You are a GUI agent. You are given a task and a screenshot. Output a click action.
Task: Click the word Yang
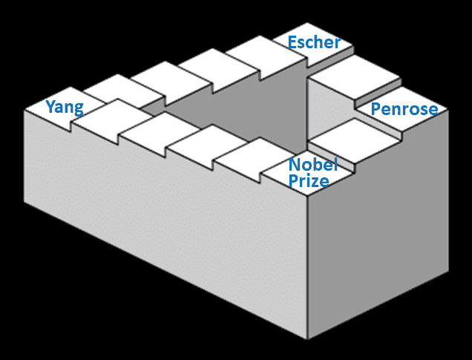click(x=65, y=108)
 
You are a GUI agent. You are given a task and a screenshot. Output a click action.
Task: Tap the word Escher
click(x=314, y=42)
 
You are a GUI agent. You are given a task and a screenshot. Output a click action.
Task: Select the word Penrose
click(x=404, y=109)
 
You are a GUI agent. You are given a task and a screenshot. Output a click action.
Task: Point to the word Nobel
click(x=313, y=164)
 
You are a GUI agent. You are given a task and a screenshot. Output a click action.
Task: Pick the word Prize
click(x=309, y=180)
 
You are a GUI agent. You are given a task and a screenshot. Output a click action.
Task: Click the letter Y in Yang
click(x=51, y=106)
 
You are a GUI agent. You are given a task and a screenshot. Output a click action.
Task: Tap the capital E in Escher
click(x=292, y=42)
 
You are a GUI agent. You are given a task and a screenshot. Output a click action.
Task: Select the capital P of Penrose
click(x=376, y=109)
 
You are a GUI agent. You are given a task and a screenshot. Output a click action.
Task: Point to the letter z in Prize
click(x=315, y=182)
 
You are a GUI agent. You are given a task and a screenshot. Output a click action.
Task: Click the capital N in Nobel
click(x=295, y=165)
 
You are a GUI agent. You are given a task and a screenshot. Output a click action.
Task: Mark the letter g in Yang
click(x=79, y=110)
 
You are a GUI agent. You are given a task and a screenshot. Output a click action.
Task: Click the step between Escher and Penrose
click(x=355, y=76)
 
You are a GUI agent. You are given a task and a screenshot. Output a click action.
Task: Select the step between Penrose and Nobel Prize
click(x=355, y=141)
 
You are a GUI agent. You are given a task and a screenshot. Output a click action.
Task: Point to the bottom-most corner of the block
click(x=308, y=339)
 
